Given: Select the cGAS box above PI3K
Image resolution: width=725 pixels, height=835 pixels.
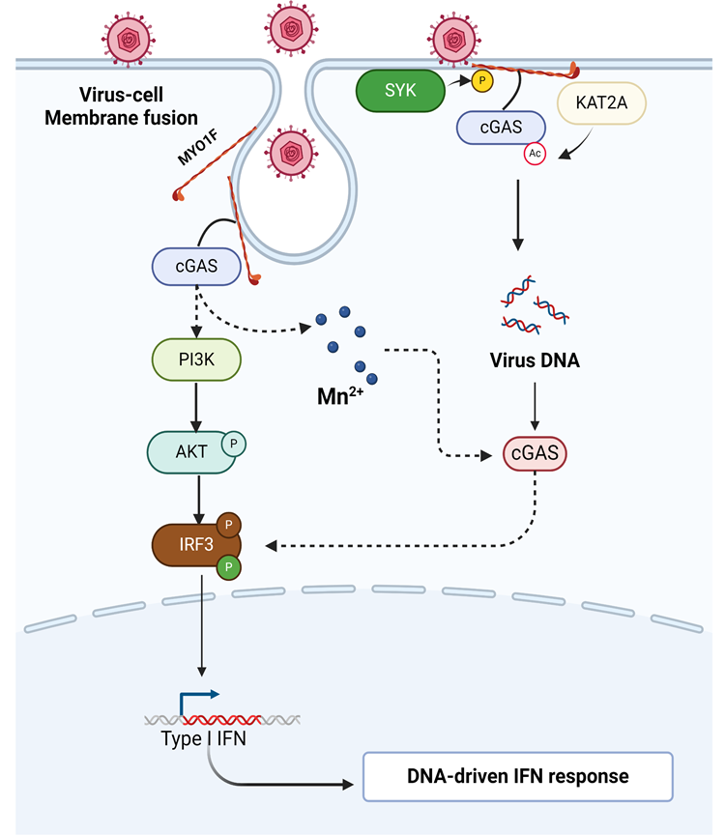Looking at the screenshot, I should [x=196, y=265].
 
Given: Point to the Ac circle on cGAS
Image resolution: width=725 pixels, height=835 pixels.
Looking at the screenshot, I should [x=535, y=154].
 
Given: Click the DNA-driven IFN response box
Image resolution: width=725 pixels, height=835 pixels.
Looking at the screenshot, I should [x=517, y=775].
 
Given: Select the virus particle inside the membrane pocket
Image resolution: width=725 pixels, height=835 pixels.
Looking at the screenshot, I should [x=291, y=152].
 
